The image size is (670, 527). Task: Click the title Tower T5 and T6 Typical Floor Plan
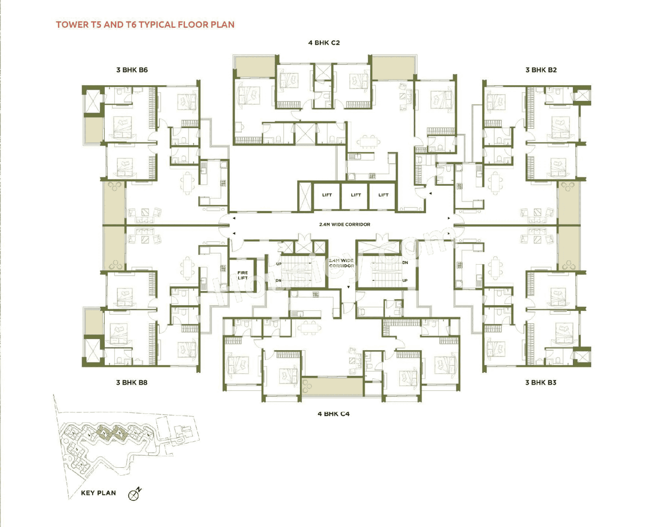click(145, 25)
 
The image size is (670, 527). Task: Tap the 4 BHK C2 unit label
click(324, 43)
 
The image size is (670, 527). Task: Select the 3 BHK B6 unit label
click(132, 70)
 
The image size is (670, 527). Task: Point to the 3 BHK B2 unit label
click(541, 70)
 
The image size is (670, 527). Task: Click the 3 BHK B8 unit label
click(131, 383)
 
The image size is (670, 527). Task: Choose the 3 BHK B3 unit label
click(541, 383)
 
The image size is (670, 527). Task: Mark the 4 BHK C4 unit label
click(333, 414)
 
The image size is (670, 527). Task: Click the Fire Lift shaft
click(243, 275)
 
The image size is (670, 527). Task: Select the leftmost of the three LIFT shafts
click(327, 195)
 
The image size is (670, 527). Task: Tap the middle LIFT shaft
click(356, 195)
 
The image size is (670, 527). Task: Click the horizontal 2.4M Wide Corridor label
click(344, 225)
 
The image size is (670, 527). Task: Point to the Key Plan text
click(98, 493)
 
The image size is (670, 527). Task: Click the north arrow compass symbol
click(135, 494)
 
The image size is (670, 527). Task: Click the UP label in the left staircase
click(278, 264)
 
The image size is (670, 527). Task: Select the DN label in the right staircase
click(405, 263)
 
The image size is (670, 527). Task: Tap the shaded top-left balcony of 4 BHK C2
click(255, 67)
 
